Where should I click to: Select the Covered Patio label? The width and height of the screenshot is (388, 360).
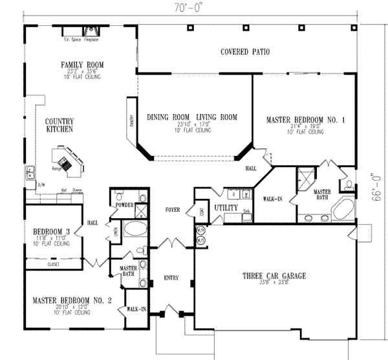(x=244, y=52)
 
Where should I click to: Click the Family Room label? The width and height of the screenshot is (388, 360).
(x=83, y=65)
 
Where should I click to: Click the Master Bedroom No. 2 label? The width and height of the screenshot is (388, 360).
(x=72, y=300)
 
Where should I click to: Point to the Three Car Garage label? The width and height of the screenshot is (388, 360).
(x=270, y=275)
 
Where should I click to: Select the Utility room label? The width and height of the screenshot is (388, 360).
(x=226, y=208)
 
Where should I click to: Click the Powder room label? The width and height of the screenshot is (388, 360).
(x=124, y=205)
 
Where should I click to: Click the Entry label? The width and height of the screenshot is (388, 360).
(x=171, y=278)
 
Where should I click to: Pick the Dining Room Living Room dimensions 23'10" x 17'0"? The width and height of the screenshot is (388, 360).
(x=191, y=125)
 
